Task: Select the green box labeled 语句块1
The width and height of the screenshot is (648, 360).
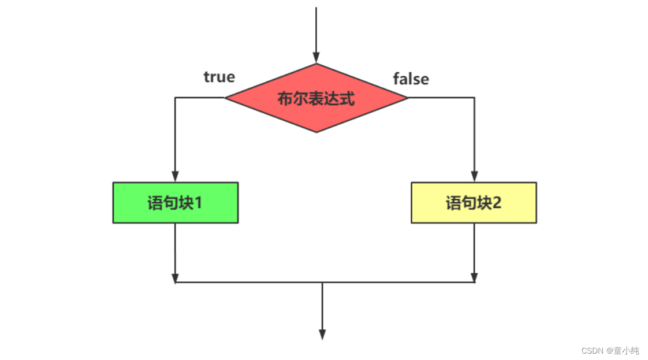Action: pyautogui.click(x=175, y=203)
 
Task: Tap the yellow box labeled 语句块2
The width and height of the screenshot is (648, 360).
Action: pyautogui.click(x=474, y=203)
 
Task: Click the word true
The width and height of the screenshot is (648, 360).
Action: pyautogui.click(x=219, y=77)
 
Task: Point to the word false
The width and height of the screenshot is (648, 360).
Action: pyautogui.click(x=411, y=79)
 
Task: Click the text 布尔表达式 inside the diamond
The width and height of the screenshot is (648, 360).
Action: pyautogui.click(x=316, y=98)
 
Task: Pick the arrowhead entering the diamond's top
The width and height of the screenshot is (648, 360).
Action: pyautogui.click(x=316, y=57)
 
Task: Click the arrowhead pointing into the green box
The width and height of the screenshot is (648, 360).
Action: pyautogui.click(x=175, y=176)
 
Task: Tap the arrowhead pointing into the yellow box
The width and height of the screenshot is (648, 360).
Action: pyautogui.click(x=474, y=176)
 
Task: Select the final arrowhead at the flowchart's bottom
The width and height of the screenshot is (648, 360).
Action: pyautogui.click(x=322, y=334)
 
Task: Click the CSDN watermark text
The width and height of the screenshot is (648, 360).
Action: pyautogui.click(x=592, y=351)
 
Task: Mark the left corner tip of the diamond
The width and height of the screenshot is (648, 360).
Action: pyautogui.click(x=225, y=98)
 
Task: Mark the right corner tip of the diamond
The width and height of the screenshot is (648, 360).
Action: pyautogui.click(x=407, y=98)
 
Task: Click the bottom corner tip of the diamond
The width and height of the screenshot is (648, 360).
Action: pyautogui.click(x=316, y=132)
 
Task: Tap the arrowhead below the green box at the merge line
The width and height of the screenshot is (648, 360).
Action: pyautogui.click(x=175, y=277)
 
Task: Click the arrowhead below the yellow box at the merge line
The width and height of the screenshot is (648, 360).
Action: pyautogui.click(x=474, y=277)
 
